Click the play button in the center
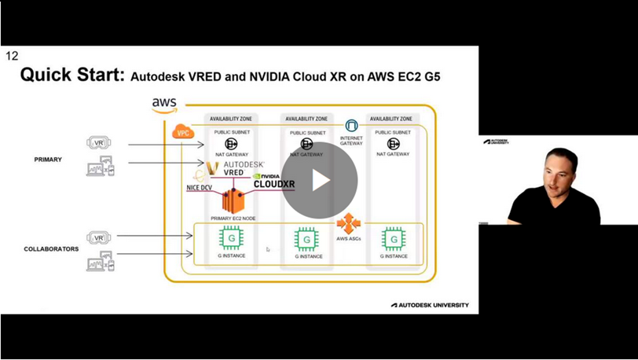(x=320, y=181)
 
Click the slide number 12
(x=12, y=56)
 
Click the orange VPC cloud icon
(x=182, y=132)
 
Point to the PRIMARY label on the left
(x=48, y=160)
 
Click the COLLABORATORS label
(x=51, y=249)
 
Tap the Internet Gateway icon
(x=351, y=127)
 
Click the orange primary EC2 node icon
(x=233, y=200)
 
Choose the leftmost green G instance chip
(x=230, y=237)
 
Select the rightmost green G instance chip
(x=392, y=238)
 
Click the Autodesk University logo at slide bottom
(x=430, y=305)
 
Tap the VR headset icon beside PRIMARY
(x=99, y=144)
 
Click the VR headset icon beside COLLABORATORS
(x=99, y=237)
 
